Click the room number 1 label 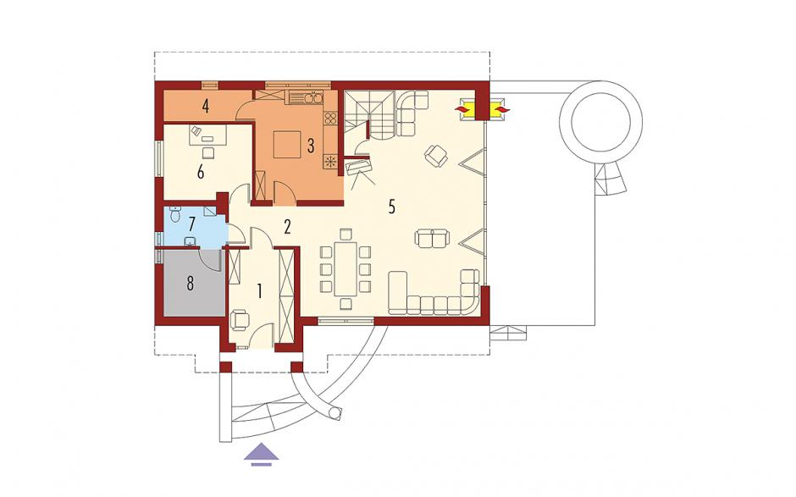click(259, 292)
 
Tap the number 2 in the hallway click(287, 227)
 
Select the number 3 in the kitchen click(311, 145)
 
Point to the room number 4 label click(205, 106)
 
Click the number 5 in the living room click(391, 207)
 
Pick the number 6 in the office click(201, 173)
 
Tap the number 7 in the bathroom click(191, 224)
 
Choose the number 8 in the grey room click(190, 284)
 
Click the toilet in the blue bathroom click(175, 214)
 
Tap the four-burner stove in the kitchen click(330, 119)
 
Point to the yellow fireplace click(468, 109)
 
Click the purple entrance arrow click(262, 453)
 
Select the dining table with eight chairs click(345, 268)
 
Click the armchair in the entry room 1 click(240, 320)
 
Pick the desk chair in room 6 click(208, 152)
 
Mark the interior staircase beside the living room click(369, 115)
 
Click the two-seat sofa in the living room click(432, 238)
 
